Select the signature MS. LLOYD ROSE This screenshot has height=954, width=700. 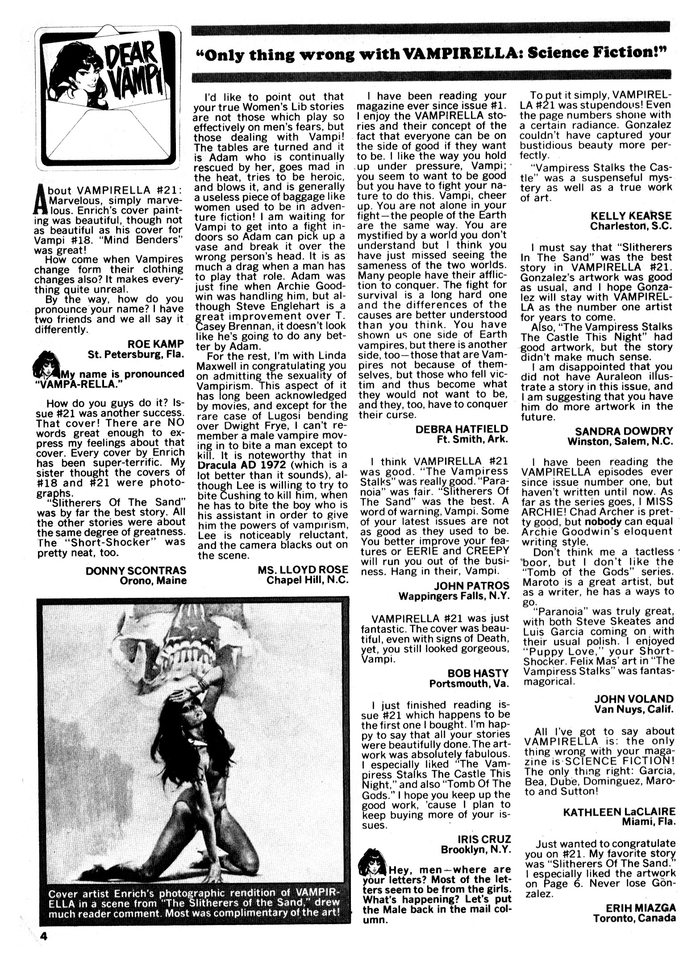tap(303, 570)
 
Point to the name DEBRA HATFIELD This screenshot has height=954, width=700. tap(462, 429)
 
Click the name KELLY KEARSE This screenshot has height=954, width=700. tap(631, 216)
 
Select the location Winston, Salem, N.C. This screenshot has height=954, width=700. tap(620, 441)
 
